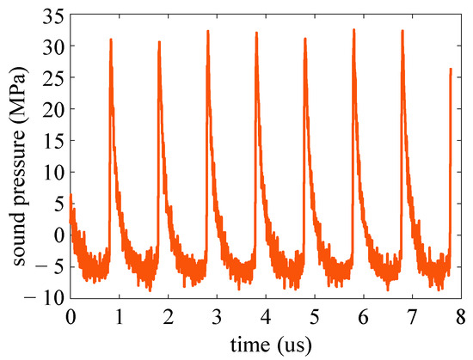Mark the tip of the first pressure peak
pyautogui.click(x=111, y=39)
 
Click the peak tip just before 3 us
pyautogui.click(x=208, y=31)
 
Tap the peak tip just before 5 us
pyautogui.click(x=304, y=39)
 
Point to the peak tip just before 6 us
pyautogui.click(x=353, y=29)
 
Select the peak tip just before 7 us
pyautogui.click(x=402, y=31)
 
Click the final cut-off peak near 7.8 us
pyautogui.click(x=450, y=69)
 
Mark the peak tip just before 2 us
pyautogui.click(x=159, y=41)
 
